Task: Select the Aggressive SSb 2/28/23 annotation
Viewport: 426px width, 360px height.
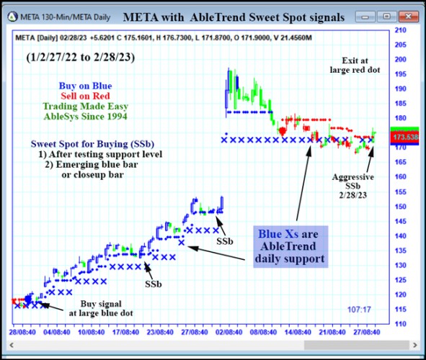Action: pos(353,186)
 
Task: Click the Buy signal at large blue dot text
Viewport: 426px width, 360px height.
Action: pos(101,308)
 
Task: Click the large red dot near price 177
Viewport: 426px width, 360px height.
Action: pos(283,130)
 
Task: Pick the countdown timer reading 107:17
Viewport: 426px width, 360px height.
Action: pos(358,310)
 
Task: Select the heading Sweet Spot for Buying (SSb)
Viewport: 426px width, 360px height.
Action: pos(87,143)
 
